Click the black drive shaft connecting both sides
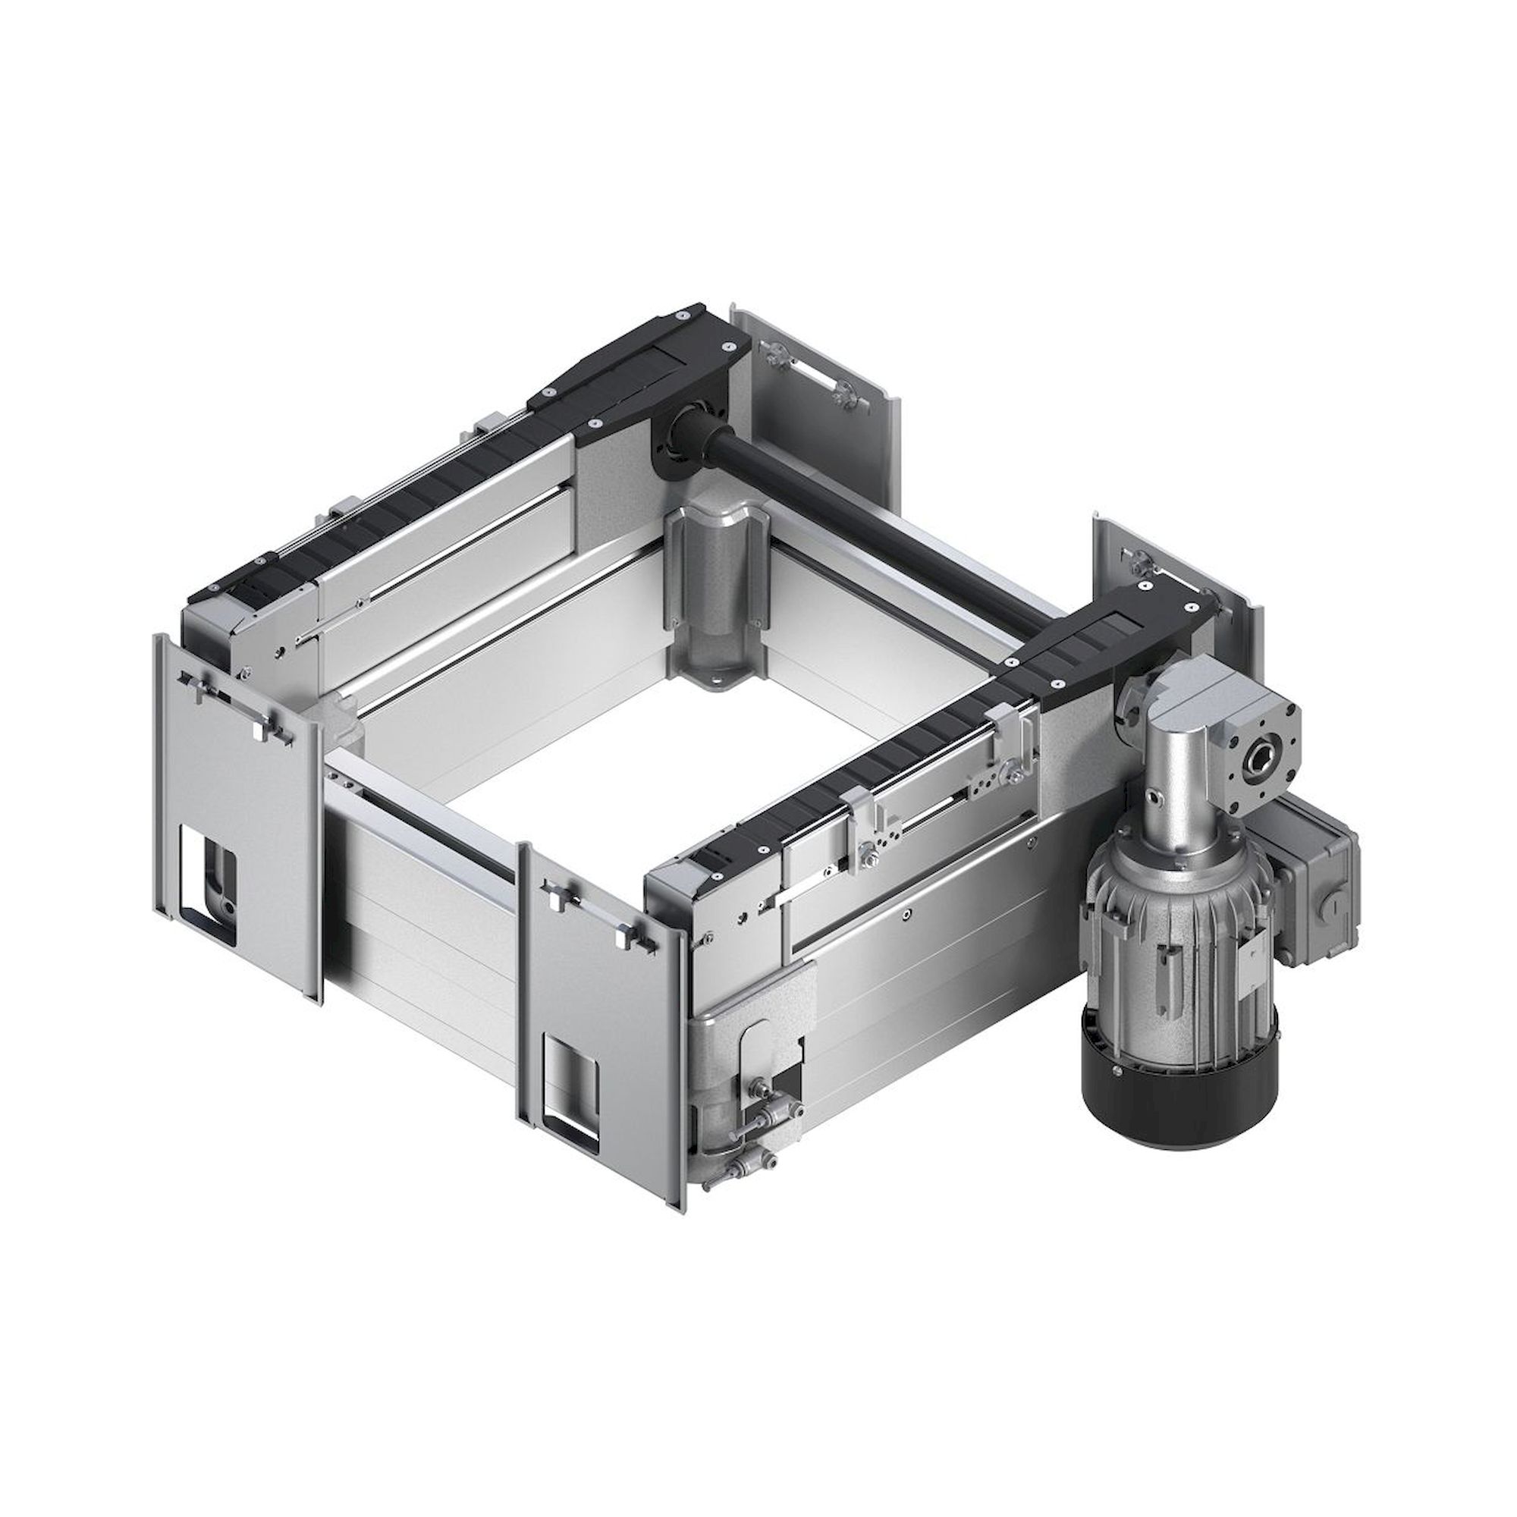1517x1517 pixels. click(x=887, y=518)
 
